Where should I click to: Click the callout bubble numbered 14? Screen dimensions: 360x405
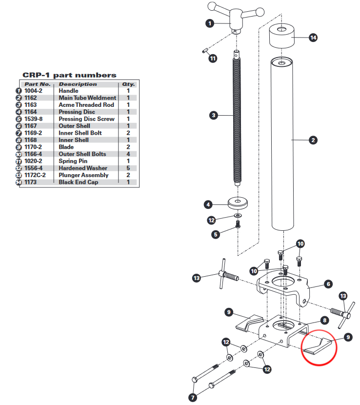pyautogui.click(x=313, y=38)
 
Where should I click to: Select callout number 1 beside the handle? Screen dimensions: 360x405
pyautogui.click(x=210, y=23)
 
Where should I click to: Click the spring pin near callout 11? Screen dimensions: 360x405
pyautogui.click(x=205, y=50)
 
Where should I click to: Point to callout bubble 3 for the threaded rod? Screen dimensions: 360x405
pyautogui.click(x=214, y=115)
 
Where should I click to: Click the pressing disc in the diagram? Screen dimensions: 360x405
pyautogui.click(x=238, y=203)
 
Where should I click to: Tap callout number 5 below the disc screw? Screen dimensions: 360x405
pyautogui.click(x=216, y=235)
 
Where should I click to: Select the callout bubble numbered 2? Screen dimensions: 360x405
pyautogui.click(x=313, y=140)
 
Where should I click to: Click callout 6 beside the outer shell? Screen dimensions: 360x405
pyautogui.click(x=328, y=284)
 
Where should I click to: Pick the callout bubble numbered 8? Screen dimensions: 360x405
pyautogui.click(x=324, y=321)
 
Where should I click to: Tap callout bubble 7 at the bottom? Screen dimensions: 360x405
pyautogui.click(x=193, y=397)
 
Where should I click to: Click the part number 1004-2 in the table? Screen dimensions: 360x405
pyautogui.click(x=33, y=91)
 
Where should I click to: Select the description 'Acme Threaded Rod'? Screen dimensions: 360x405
pyautogui.click(x=86, y=105)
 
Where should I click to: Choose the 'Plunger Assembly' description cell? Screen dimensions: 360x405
pyautogui.click(x=83, y=175)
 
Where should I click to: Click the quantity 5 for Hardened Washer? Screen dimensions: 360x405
pyautogui.click(x=128, y=168)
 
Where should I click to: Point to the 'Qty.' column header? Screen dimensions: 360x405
pyautogui.click(x=128, y=84)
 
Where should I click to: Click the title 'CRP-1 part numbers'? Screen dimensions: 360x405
pyautogui.click(x=69, y=75)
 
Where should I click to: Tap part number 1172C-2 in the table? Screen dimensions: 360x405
pyautogui.click(x=35, y=175)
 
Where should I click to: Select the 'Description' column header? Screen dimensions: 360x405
pyautogui.click(x=78, y=84)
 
